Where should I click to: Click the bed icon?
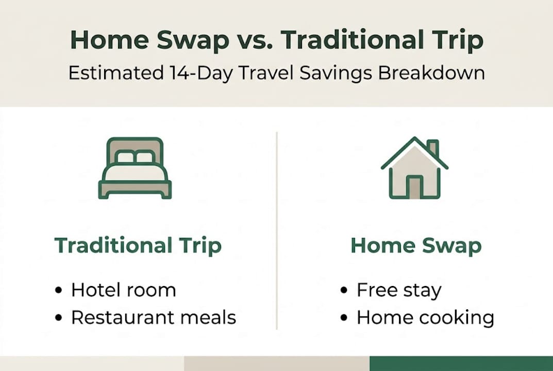tap(135, 168)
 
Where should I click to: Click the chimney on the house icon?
tap(433, 148)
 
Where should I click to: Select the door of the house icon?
tap(414, 187)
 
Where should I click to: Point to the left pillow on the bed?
tap(125, 157)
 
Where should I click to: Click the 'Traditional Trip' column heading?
tap(138, 245)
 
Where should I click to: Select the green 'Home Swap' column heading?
tap(415, 245)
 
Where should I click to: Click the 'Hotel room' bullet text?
tap(123, 290)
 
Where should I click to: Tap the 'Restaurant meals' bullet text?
tap(153, 317)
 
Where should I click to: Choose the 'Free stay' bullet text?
tap(398, 290)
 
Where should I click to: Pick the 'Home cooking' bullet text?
tap(425, 317)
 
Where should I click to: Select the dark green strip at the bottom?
tap(461, 363)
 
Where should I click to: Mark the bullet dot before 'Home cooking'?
tap(344, 318)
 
